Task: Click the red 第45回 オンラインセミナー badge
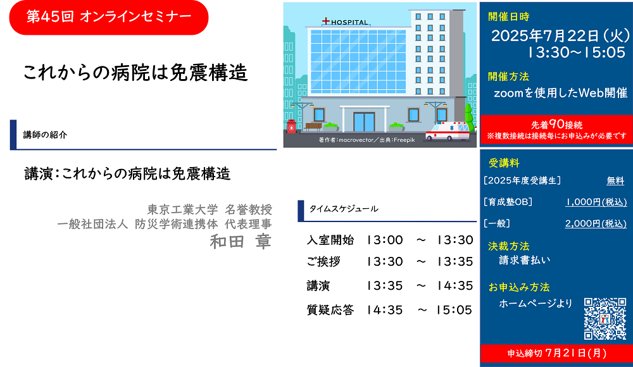point(109,17)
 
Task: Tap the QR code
point(605,318)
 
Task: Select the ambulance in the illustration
point(448,131)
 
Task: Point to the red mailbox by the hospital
point(291,127)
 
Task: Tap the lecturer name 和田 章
point(241,242)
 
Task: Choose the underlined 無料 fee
point(615,181)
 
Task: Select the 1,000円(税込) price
point(596,202)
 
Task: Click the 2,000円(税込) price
point(596,223)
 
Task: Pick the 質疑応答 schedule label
point(330,309)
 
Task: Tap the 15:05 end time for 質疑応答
point(454,310)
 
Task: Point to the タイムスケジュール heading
point(344,209)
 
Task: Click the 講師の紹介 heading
point(45,135)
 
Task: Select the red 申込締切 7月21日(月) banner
point(556,354)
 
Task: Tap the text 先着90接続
point(556,125)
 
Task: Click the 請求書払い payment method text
point(524,260)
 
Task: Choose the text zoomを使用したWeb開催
point(561,93)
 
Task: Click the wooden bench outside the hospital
point(313,127)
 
